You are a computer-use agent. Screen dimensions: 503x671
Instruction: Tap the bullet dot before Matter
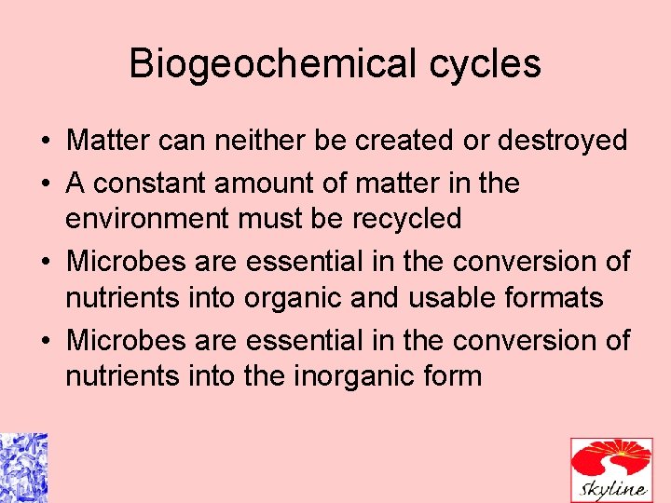(46, 142)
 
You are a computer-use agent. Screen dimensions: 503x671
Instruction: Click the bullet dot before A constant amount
(46, 184)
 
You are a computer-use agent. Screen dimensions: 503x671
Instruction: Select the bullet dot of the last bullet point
(46, 342)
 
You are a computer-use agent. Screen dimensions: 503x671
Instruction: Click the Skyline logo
(610, 469)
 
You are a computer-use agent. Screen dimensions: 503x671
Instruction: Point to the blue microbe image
(23, 468)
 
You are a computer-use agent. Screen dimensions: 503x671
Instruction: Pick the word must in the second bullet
(266, 220)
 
